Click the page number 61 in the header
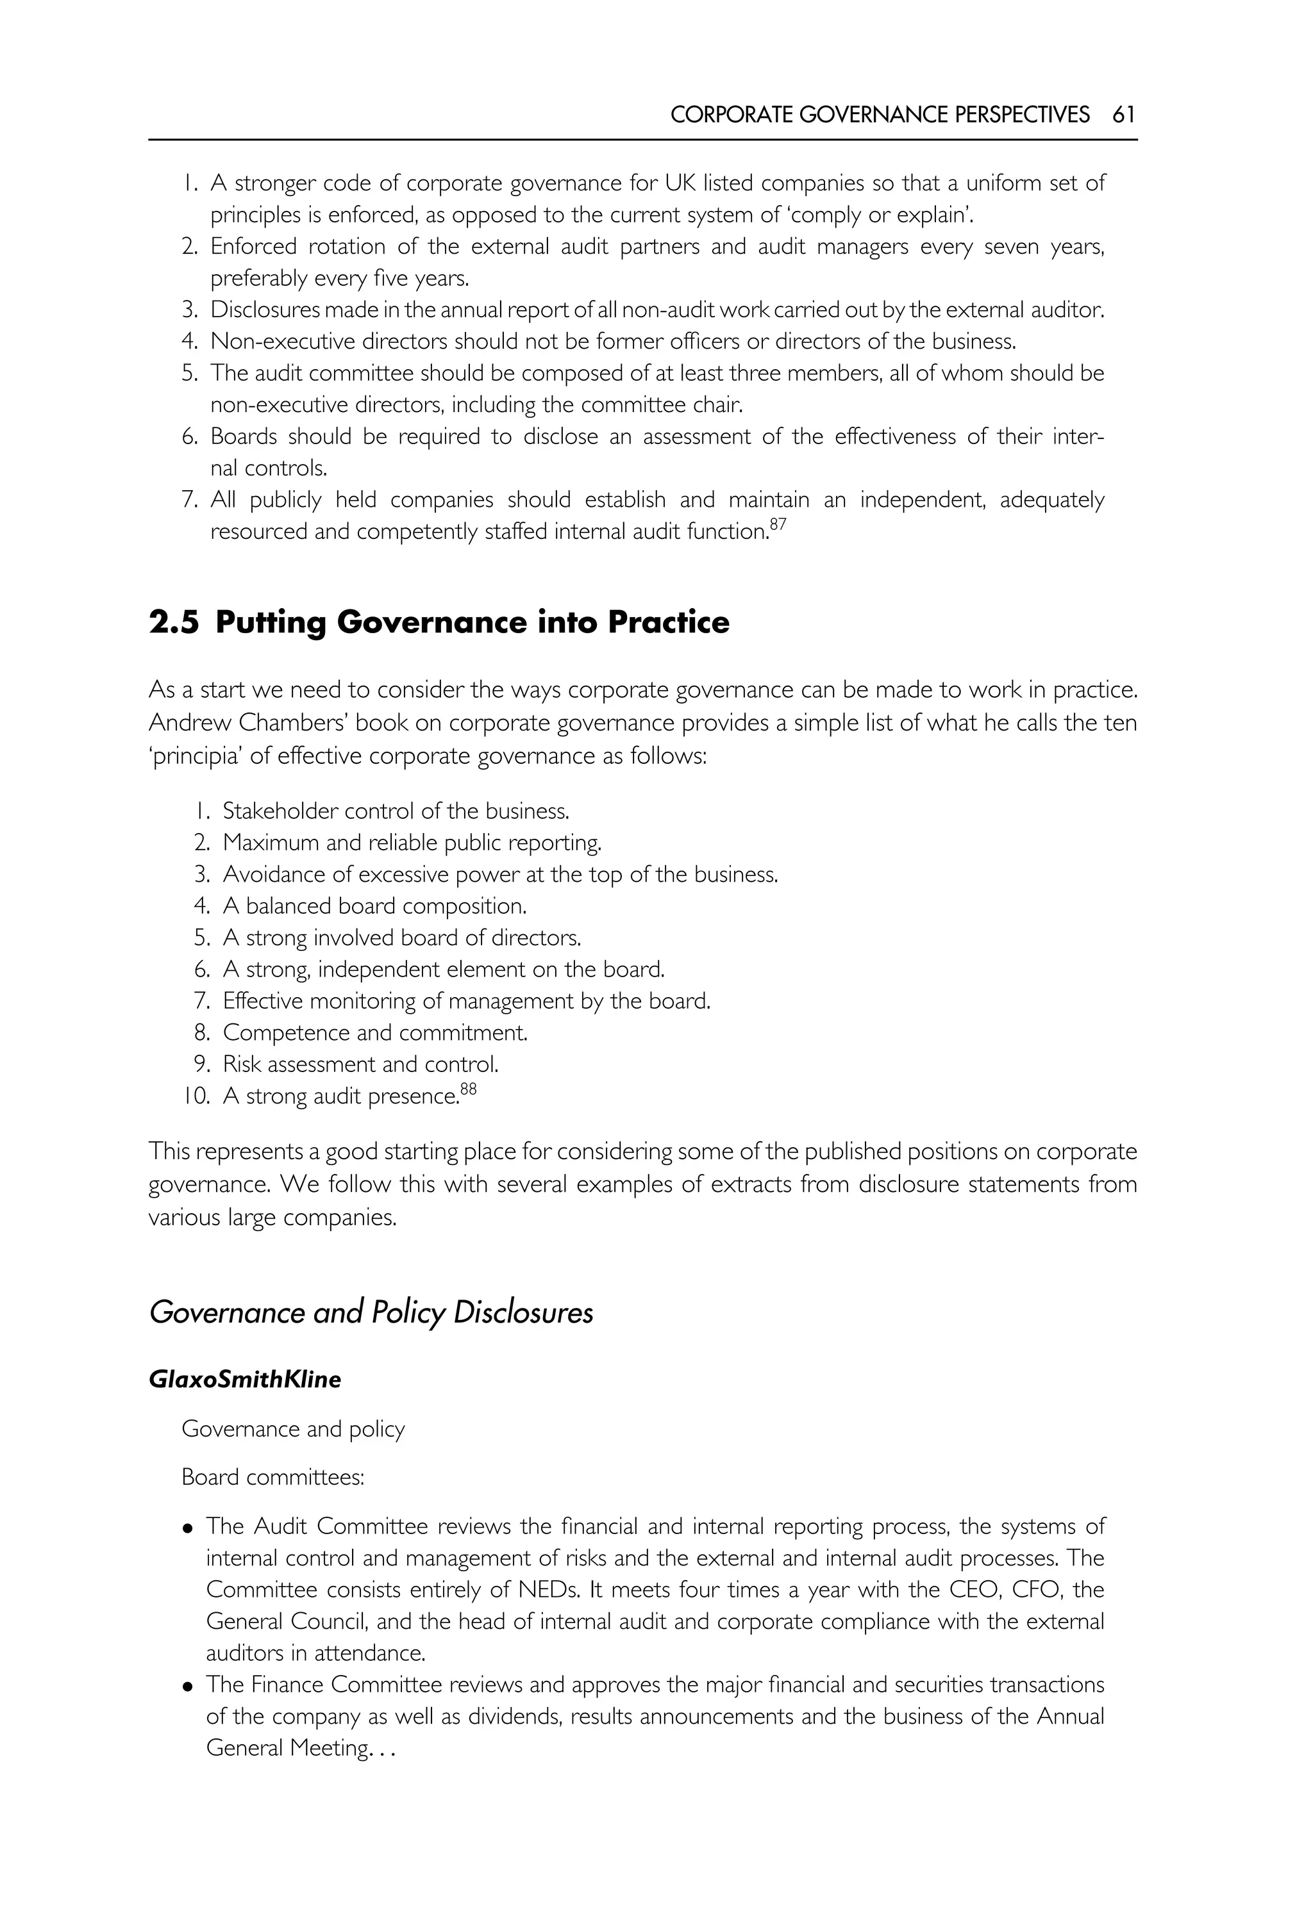tap(1124, 114)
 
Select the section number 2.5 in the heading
tap(174, 622)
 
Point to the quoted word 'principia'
tap(195, 755)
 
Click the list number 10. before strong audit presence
tap(197, 1096)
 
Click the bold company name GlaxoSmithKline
tap(244, 1379)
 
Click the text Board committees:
tap(272, 1477)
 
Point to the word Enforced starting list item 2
tap(253, 247)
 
